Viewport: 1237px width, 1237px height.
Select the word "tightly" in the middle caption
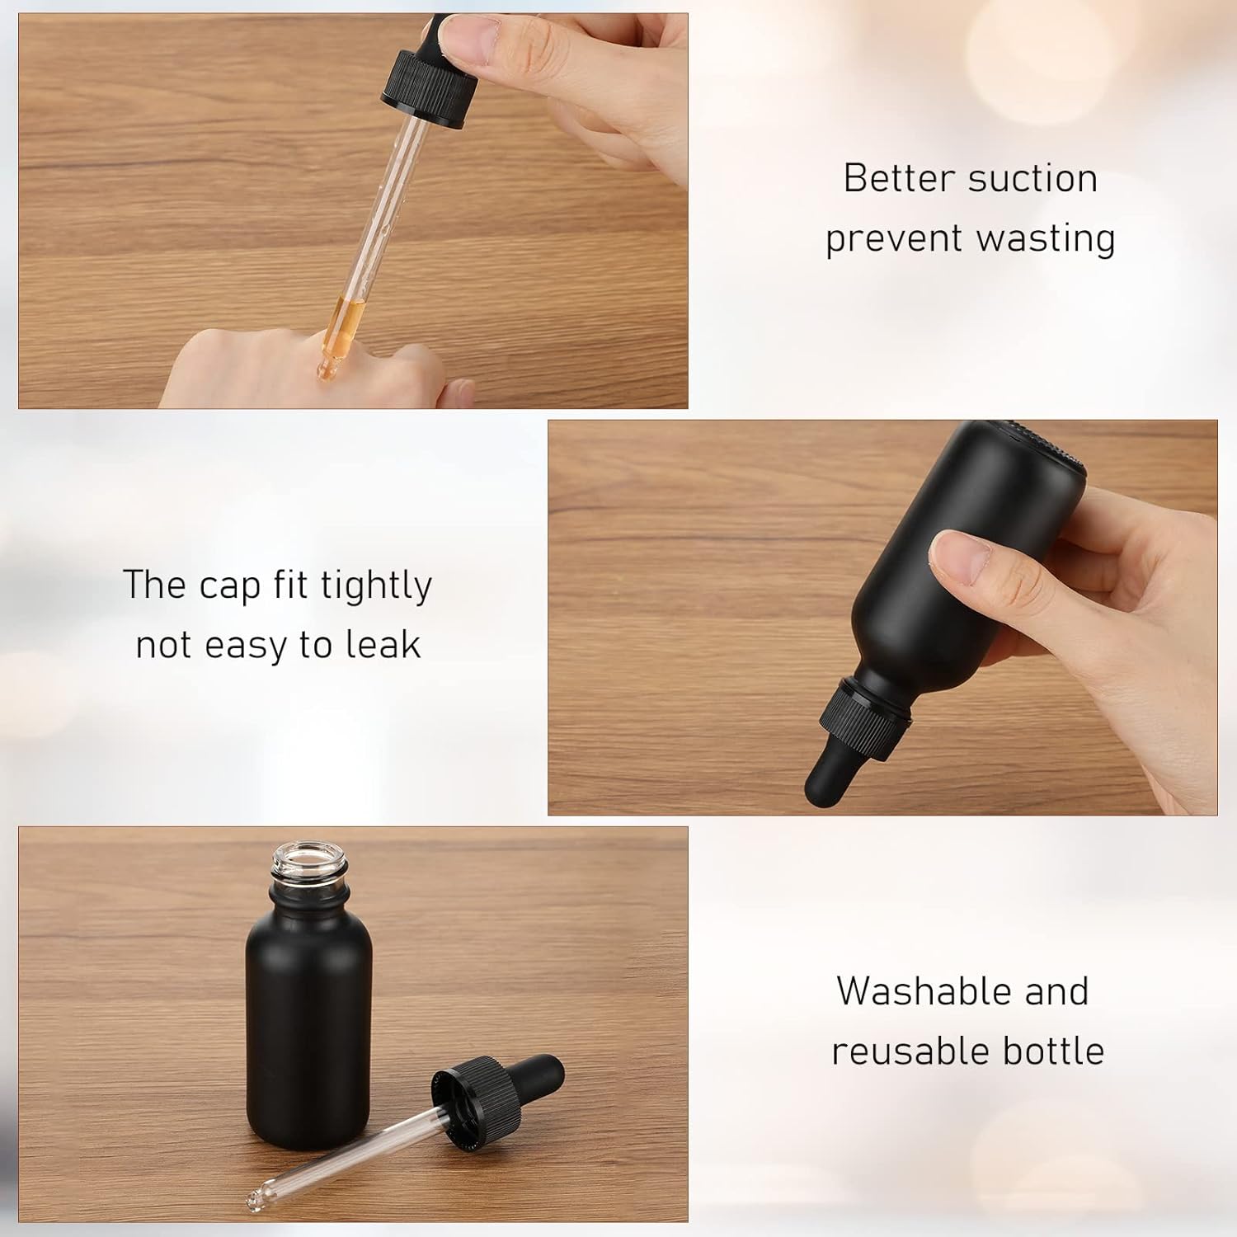(x=376, y=586)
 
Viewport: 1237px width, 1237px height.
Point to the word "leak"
(x=383, y=645)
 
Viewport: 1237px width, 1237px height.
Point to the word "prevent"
(x=894, y=239)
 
